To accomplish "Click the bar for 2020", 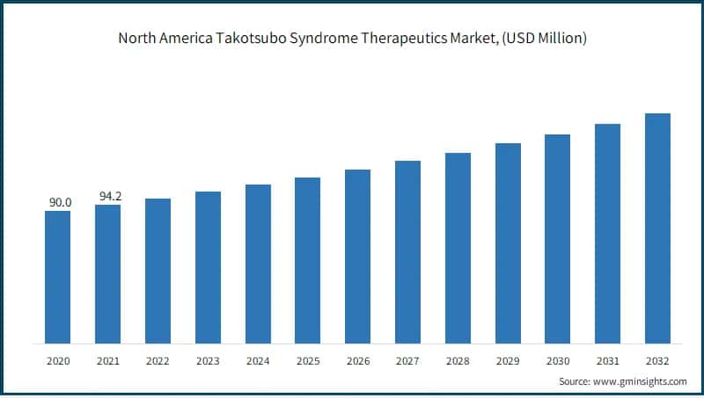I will (x=58, y=277).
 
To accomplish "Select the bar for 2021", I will (x=107, y=274).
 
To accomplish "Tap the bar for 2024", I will (x=258, y=264).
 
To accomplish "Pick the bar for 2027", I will (x=407, y=252).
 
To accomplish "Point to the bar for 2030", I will (x=557, y=239).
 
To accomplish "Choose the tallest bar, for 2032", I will (x=657, y=228).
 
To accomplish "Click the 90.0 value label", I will (x=60, y=203).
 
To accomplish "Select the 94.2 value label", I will (x=110, y=197).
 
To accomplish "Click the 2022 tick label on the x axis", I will (x=158, y=360).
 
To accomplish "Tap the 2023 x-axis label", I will (x=208, y=360).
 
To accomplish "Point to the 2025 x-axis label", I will (x=307, y=360).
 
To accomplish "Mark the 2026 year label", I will (x=357, y=360).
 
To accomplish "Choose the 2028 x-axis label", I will (x=458, y=360).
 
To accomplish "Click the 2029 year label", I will (x=508, y=360).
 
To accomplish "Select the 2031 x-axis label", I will (x=607, y=360).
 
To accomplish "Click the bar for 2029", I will (x=508, y=243).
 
